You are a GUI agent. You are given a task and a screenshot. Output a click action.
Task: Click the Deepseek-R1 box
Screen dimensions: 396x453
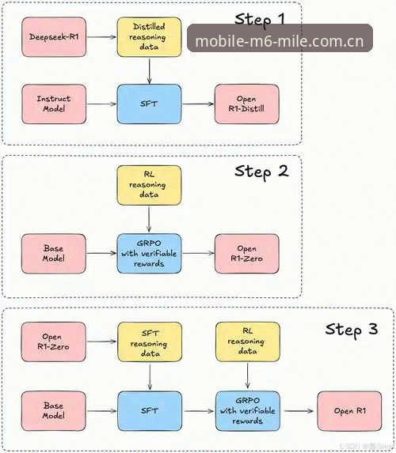(54, 37)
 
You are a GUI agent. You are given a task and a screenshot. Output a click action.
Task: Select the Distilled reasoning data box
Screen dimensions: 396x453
(149, 37)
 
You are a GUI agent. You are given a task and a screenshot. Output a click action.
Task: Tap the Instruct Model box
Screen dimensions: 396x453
(54, 104)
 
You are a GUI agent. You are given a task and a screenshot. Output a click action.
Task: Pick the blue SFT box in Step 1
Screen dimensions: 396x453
(149, 104)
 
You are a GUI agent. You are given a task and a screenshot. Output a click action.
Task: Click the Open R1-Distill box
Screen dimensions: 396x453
(246, 104)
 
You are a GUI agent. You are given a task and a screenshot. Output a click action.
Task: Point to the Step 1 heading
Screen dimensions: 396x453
(260, 20)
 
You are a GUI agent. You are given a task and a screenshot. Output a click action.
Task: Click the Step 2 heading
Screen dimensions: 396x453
(261, 172)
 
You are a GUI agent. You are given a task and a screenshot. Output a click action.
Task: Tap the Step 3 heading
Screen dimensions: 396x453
(352, 330)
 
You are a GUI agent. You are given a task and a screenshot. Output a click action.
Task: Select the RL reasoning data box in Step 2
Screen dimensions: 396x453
(149, 185)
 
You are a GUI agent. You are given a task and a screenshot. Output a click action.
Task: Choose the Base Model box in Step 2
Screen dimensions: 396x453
(54, 253)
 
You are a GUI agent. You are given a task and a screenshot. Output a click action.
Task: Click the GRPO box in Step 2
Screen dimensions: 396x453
(149, 253)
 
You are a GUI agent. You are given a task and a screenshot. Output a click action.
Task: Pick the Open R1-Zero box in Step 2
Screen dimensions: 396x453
(246, 253)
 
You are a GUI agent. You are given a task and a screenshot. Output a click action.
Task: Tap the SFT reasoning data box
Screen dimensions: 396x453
(150, 342)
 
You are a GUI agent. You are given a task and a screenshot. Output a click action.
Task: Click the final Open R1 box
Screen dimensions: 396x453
(349, 411)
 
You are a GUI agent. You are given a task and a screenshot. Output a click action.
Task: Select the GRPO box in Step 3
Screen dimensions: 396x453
(248, 411)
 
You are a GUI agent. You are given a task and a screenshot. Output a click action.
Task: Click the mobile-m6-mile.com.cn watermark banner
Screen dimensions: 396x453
(280, 38)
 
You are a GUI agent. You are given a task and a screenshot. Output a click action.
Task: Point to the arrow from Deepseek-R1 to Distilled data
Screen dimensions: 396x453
(101, 37)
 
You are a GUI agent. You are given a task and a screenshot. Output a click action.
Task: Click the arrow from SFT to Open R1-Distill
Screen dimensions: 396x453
(198, 104)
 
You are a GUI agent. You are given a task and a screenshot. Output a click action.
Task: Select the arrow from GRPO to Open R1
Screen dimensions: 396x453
(299, 411)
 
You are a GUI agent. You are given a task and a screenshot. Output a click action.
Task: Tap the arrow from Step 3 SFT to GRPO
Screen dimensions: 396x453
(199, 411)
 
